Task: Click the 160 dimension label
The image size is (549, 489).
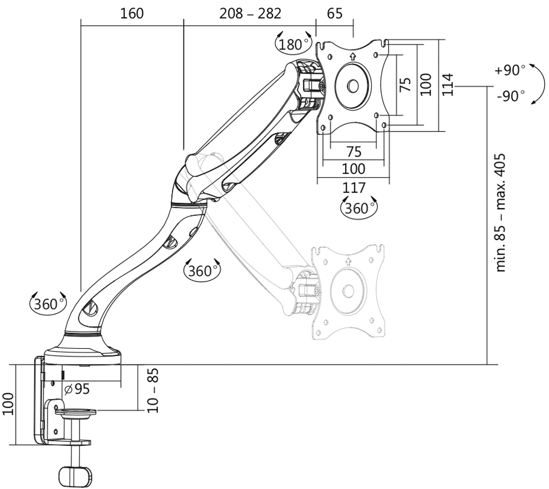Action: (x=132, y=14)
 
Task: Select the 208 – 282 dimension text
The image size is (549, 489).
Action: (x=250, y=14)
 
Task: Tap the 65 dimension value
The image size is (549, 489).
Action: (x=335, y=14)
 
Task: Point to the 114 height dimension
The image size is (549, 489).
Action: (x=448, y=84)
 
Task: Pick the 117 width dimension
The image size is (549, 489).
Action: (x=354, y=188)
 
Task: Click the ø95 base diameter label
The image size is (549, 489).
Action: (x=77, y=389)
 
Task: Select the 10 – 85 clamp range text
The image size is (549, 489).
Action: (x=153, y=390)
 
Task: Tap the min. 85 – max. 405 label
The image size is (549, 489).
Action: (x=501, y=212)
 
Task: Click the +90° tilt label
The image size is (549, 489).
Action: (x=510, y=70)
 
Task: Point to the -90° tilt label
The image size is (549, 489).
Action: (x=511, y=96)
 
